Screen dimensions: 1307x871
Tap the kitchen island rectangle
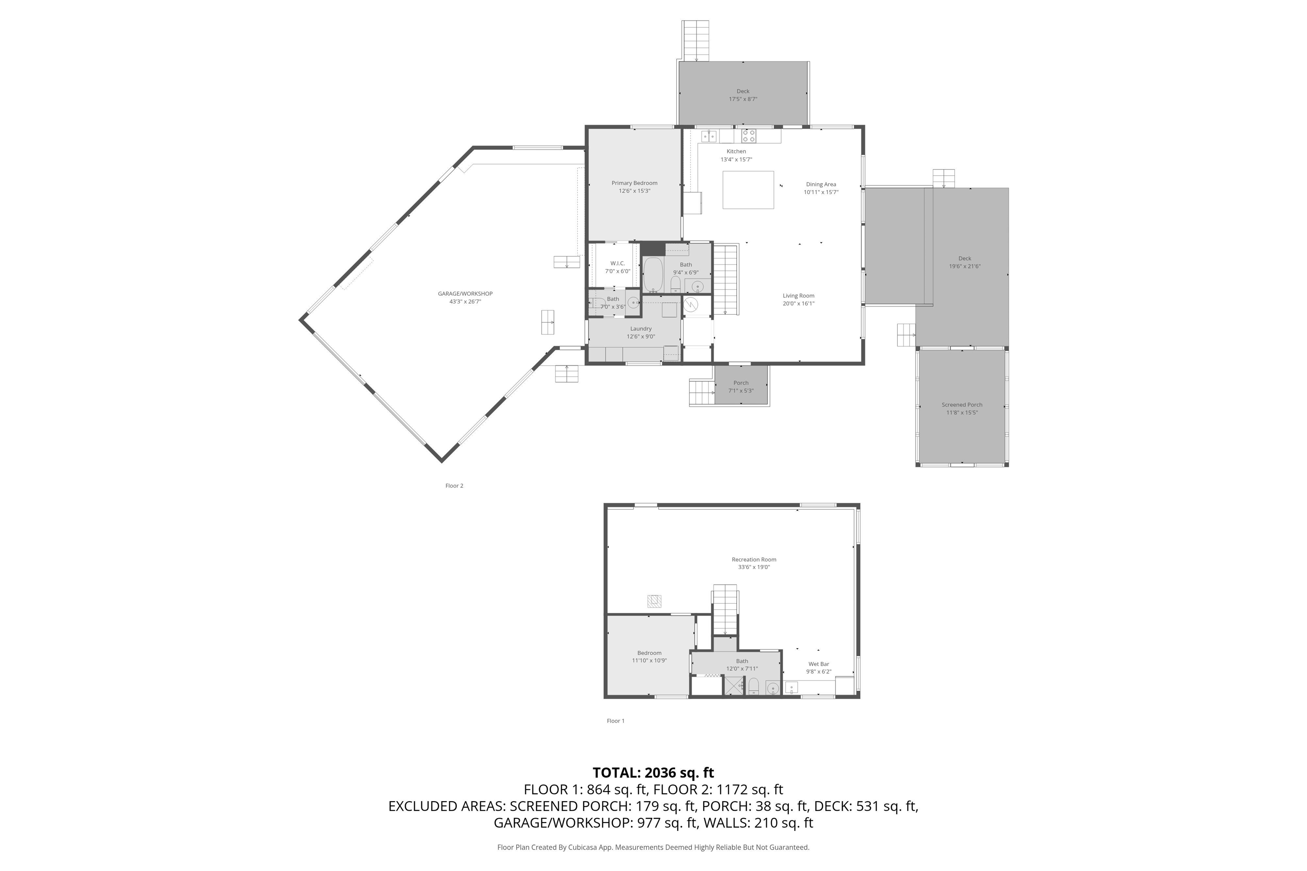(x=748, y=190)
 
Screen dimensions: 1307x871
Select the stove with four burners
(x=748, y=136)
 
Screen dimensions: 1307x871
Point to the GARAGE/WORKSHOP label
(x=465, y=294)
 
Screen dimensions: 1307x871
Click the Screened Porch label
(x=962, y=405)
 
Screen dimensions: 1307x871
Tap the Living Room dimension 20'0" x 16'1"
(x=799, y=304)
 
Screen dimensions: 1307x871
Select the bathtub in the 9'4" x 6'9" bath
(x=653, y=275)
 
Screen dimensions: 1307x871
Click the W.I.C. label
(x=617, y=263)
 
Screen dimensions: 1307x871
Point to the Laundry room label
(x=641, y=329)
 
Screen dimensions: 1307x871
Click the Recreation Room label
(x=753, y=559)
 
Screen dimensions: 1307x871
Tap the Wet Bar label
(x=819, y=664)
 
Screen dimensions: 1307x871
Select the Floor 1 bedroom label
(x=649, y=653)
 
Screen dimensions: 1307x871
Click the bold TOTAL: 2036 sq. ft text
(x=653, y=773)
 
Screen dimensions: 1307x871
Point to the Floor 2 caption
(x=454, y=486)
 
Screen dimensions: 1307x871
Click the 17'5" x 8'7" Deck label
(x=743, y=91)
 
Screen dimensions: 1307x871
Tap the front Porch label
(x=741, y=383)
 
